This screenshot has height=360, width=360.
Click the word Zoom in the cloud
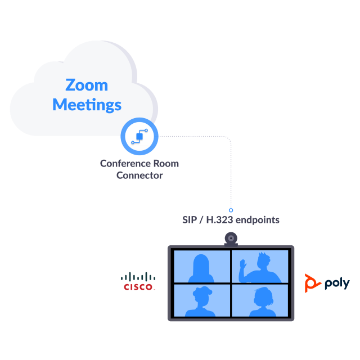click(87, 85)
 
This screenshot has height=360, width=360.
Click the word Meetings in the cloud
click(87, 104)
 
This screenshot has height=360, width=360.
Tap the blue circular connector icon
click(139, 137)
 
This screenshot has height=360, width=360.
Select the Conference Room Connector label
click(139, 169)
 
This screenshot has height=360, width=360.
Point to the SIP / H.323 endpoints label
click(231, 220)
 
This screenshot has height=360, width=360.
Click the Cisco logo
click(138, 281)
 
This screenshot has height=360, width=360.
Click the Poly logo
click(327, 282)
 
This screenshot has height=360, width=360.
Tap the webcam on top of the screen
click(231, 238)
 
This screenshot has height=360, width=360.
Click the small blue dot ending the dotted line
click(231, 209)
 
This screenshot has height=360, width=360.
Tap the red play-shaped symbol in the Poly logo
click(310, 282)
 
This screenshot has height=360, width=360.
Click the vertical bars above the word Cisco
click(138, 276)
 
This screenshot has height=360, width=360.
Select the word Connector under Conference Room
click(139, 175)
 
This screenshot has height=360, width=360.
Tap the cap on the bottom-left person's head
click(202, 291)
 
